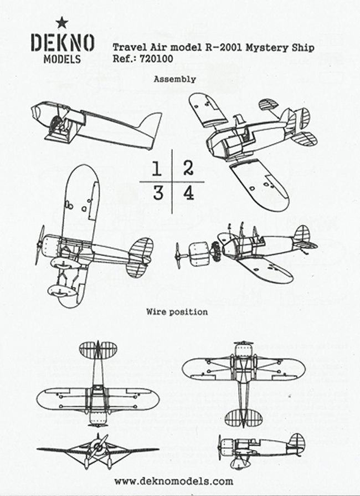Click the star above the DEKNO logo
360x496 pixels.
61,22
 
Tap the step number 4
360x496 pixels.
188,193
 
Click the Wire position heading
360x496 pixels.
177,312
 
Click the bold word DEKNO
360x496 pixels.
61,43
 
